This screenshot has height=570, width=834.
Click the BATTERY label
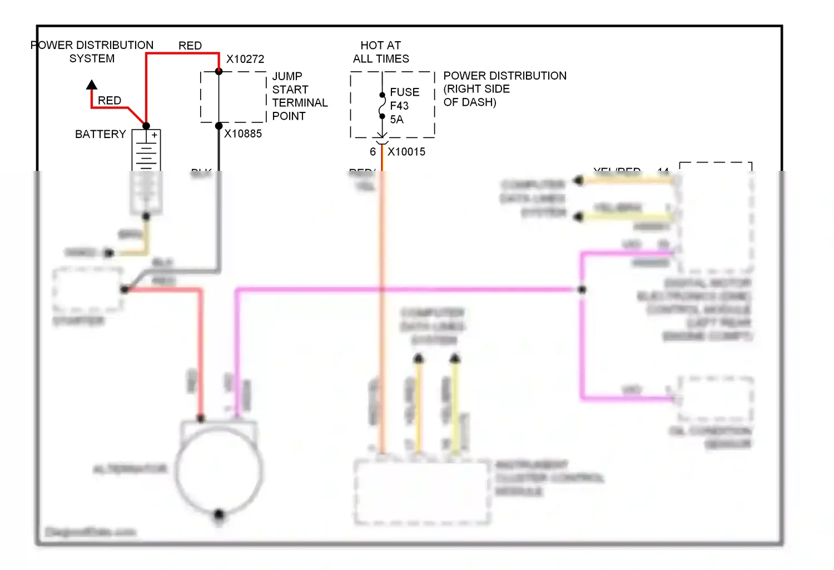(x=101, y=134)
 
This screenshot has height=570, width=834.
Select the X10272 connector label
(x=245, y=59)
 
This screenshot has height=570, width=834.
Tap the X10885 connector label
(x=243, y=134)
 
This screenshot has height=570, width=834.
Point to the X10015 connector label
(x=406, y=151)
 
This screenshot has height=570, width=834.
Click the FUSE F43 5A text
(x=404, y=106)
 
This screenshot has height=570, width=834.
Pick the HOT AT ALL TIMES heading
(x=381, y=52)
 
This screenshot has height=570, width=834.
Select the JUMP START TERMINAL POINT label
(x=300, y=96)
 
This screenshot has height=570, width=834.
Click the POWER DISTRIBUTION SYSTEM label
(x=92, y=52)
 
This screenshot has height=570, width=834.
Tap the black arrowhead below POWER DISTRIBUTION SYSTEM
(x=92, y=85)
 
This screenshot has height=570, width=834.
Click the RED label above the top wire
(x=190, y=46)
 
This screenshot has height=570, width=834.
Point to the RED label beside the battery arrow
(x=110, y=100)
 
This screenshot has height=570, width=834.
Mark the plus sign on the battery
(x=155, y=135)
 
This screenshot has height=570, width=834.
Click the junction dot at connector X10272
(x=219, y=71)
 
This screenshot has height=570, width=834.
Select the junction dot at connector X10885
(x=219, y=126)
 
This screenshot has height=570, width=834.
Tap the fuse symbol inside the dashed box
(x=382, y=106)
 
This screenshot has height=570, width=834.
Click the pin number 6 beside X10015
(x=373, y=151)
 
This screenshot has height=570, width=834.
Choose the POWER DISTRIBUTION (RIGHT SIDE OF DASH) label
(x=505, y=89)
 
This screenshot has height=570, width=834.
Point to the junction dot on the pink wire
(x=582, y=289)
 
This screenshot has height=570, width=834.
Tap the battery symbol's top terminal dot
(x=146, y=126)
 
